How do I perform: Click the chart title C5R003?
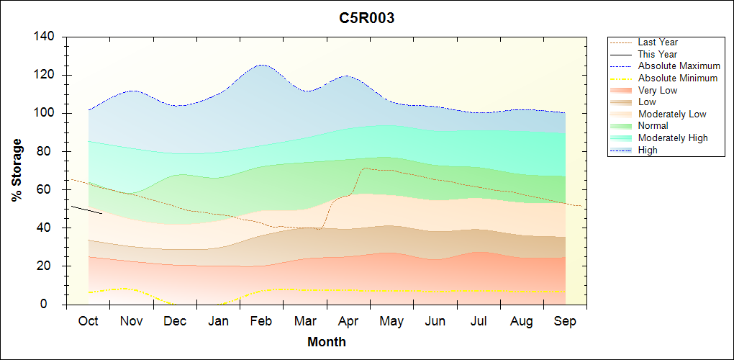coord(366,19)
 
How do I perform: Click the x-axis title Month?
coord(326,342)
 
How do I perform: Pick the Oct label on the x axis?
coord(88,321)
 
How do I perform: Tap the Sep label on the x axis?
coord(565,321)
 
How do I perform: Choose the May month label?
coord(391,321)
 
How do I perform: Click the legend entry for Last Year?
coord(658,42)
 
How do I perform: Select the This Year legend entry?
coord(658,54)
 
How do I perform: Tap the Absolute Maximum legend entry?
coord(679,66)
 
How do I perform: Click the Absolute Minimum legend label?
coord(678,78)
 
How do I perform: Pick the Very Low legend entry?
coord(658,90)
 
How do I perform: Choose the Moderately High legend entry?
coord(673,138)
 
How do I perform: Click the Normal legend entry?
coord(653,126)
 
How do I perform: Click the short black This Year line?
coord(86,210)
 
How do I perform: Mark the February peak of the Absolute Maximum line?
coord(261,65)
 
